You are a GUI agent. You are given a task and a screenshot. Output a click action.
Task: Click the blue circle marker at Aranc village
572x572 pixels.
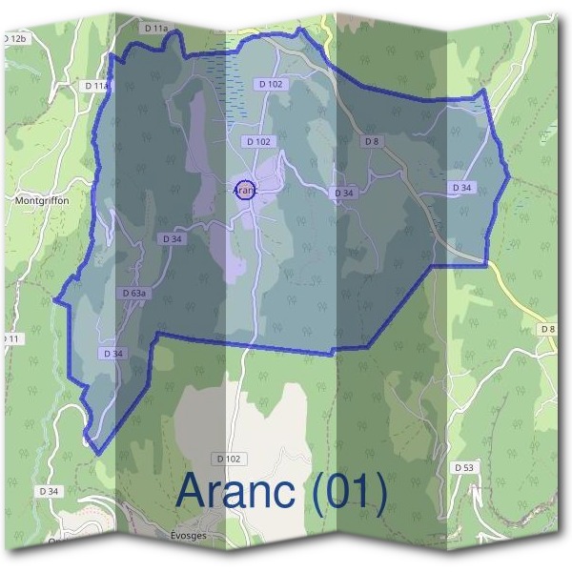pos(245,190)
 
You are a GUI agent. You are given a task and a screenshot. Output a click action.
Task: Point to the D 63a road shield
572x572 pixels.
pos(134,293)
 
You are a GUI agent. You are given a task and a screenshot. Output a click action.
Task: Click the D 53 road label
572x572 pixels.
pos(464,467)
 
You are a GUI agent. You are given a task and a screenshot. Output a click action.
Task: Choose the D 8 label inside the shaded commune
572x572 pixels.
pos(372,141)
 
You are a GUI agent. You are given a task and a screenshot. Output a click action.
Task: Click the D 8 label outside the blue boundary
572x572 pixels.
pos(547,329)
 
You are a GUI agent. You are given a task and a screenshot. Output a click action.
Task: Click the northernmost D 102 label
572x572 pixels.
pos(271,84)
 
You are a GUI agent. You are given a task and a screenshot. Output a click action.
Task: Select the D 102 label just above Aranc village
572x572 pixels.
pos(258,141)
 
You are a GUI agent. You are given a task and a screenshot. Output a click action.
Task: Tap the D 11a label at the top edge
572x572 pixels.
pos(155,30)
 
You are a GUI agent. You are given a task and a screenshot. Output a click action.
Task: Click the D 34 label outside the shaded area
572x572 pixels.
pos(49,490)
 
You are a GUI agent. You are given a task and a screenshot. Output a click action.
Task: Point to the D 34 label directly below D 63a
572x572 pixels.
pos(112,353)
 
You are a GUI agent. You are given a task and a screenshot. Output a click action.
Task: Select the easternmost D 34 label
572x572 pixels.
pos(461,188)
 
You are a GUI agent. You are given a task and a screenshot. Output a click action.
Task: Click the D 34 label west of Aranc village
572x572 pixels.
pos(173,238)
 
